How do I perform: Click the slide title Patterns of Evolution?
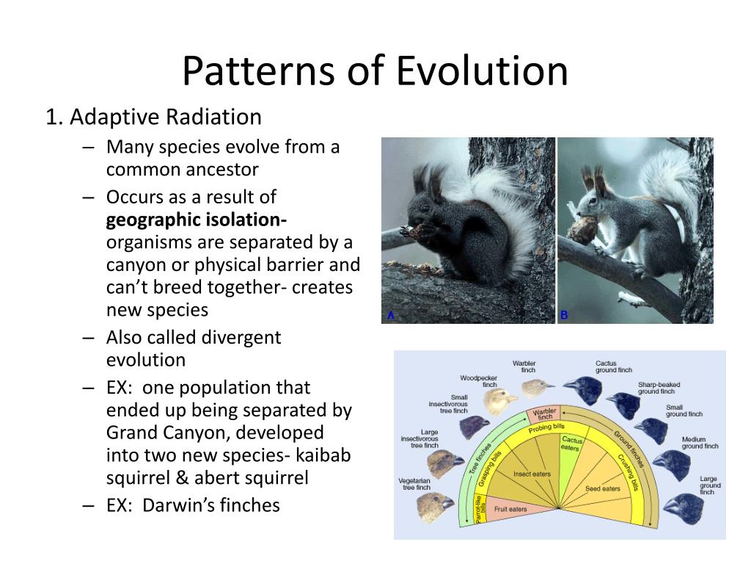[375, 71]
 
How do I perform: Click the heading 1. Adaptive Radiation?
[153, 117]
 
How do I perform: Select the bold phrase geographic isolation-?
[197, 220]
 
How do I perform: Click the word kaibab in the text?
[321, 455]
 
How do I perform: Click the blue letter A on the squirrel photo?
[391, 316]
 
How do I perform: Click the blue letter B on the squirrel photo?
[564, 316]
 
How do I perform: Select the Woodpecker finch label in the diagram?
[479, 381]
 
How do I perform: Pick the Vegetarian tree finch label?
[414, 483]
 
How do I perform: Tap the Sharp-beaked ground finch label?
[659, 388]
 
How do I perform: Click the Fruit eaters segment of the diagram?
[510, 509]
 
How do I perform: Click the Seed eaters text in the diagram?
[603, 488]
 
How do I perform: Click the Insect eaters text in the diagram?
[532, 474]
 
